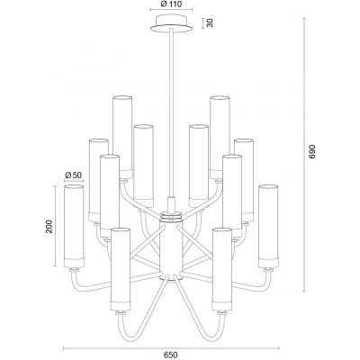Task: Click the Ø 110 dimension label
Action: coord(169,5)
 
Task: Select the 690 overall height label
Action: coord(313,153)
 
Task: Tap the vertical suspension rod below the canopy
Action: coord(170,108)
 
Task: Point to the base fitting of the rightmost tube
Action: coord(266,267)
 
